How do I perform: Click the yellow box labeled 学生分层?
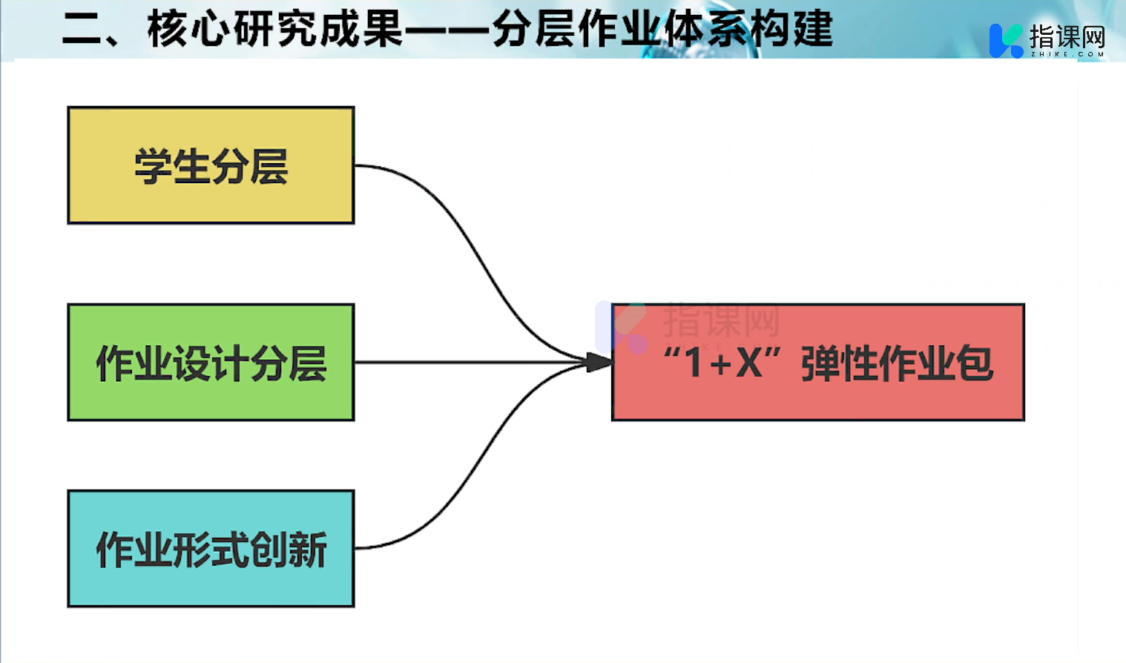click(x=211, y=165)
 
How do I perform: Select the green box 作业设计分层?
click(x=211, y=363)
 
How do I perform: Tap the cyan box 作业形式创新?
click(x=211, y=549)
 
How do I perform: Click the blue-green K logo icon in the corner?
click(x=1006, y=40)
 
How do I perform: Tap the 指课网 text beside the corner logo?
click(x=1067, y=36)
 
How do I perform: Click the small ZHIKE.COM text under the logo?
click(x=1067, y=54)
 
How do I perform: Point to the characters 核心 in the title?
click(x=188, y=30)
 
